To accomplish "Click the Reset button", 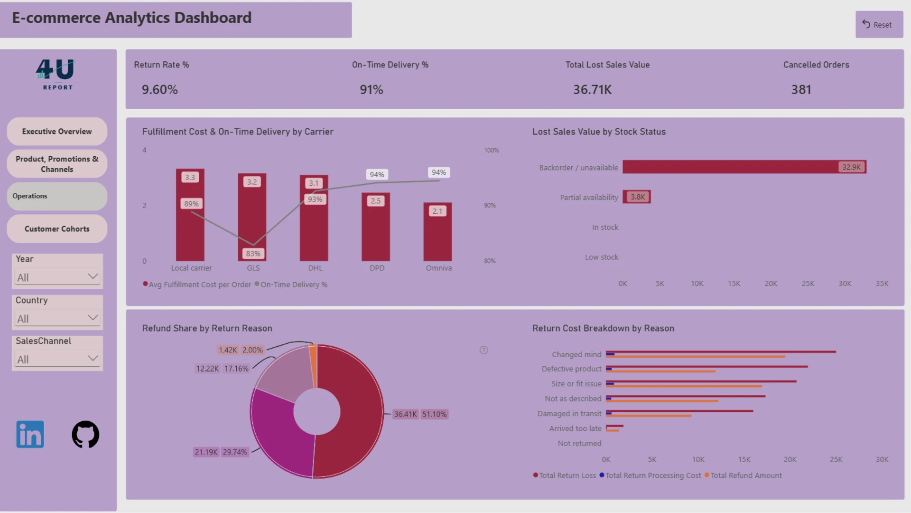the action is (x=879, y=25).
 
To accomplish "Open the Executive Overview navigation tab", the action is (x=57, y=132).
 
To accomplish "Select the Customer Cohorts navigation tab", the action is (x=57, y=229).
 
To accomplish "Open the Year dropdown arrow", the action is (x=93, y=276).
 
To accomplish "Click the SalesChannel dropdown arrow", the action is (x=93, y=359).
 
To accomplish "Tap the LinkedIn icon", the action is (x=30, y=434).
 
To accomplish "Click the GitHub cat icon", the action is (x=85, y=434).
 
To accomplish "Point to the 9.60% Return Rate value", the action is (x=160, y=90).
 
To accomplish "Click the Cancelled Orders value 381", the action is (x=801, y=90).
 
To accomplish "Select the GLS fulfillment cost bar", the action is (x=252, y=217).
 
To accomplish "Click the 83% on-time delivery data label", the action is (x=253, y=254).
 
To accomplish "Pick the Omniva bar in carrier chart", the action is (x=437, y=232).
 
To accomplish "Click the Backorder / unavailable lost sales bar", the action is (x=744, y=167).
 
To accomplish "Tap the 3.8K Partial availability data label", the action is (x=638, y=197).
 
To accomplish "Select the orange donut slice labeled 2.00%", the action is (x=313, y=366).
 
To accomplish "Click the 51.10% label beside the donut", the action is (x=435, y=414).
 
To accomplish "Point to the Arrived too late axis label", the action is (x=575, y=428).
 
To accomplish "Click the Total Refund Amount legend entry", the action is (x=743, y=475).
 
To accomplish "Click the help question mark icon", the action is (x=483, y=350).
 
